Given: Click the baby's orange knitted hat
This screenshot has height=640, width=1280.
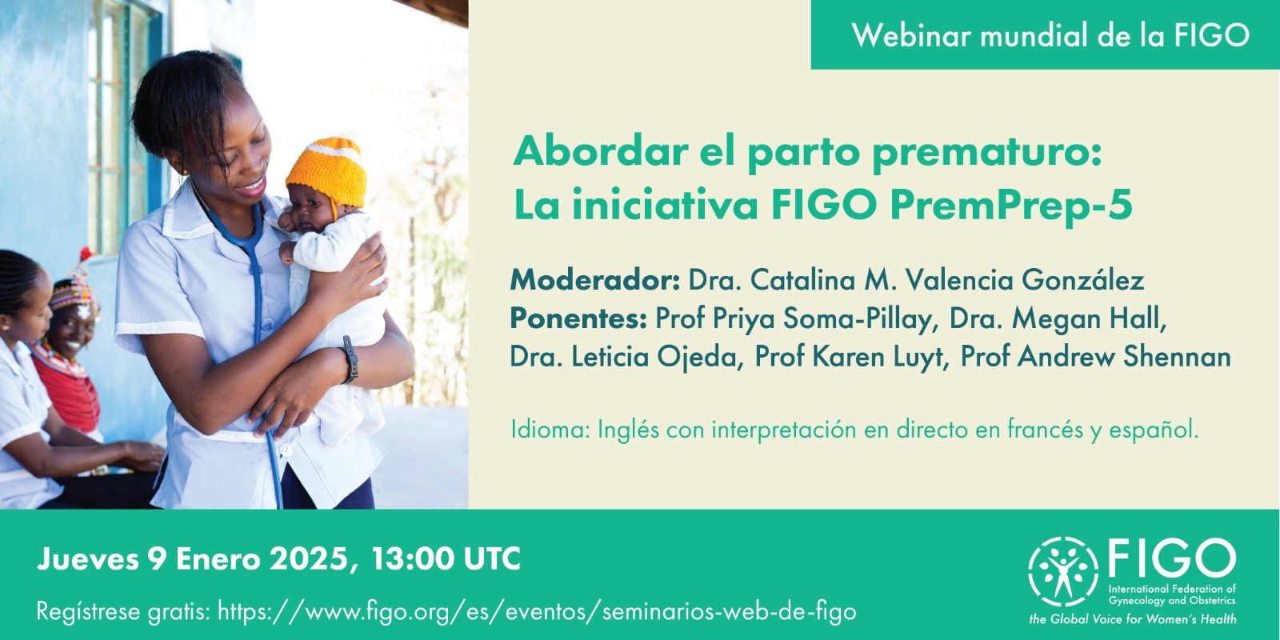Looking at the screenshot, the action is coord(327,171).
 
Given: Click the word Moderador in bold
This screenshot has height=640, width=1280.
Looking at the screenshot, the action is coord(595,280).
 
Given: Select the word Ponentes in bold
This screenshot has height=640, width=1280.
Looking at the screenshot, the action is coord(578,318).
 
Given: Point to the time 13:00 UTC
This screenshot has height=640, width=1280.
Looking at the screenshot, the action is coord(446,558).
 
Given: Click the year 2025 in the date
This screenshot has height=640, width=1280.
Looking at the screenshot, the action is coord(308,558).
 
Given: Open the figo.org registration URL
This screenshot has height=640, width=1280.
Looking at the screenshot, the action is coord(537,611).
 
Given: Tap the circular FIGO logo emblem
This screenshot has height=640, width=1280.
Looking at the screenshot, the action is coord(1063,571).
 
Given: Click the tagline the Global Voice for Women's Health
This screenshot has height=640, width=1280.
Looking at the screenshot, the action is coord(1133,619).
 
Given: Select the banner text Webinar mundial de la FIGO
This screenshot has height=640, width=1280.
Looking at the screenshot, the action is coord(1050,35).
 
